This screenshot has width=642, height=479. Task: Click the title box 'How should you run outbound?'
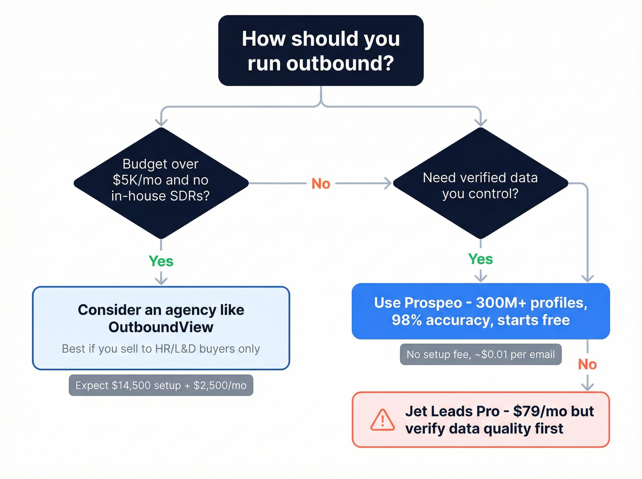pyautogui.click(x=321, y=50)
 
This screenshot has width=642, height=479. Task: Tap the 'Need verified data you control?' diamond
pyautogui.click(x=480, y=183)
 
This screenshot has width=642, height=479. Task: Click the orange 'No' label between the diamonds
pyautogui.click(x=321, y=184)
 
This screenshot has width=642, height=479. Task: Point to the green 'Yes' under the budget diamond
pyautogui.click(x=161, y=261)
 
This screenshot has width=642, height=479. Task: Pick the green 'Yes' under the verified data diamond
pyautogui.click(x=481, y=259)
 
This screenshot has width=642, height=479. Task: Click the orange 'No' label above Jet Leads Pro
pyautogui.click(x=587, y=364)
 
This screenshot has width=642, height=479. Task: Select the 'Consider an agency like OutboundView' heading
pyautogui.click(x=161, y=318)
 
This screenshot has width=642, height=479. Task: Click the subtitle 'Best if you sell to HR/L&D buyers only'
pyautogui.click(x=161, y=349)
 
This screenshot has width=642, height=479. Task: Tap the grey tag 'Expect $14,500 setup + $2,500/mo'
pyautogui.click(x=161, y=385)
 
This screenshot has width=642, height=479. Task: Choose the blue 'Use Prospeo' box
pyautogui.click(x=481, y=311)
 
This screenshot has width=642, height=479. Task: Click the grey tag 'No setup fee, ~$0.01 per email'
pyautogui.click(x=481, y=354)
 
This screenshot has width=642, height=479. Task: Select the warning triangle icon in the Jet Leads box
pyautogui.click(x=382, y=420)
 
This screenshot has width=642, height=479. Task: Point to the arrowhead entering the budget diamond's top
pyautogui.click(x=161, y=122)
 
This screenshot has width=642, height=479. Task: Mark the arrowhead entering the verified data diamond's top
pyautogui.click(x=481, y=122)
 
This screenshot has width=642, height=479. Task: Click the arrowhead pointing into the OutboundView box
pyautogui.click(x=161, y=280)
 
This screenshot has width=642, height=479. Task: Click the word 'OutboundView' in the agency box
pyautogui.click(x=161, y=327)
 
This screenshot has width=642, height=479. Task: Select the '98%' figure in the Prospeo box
pyautogui.click(x=406, y=320)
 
